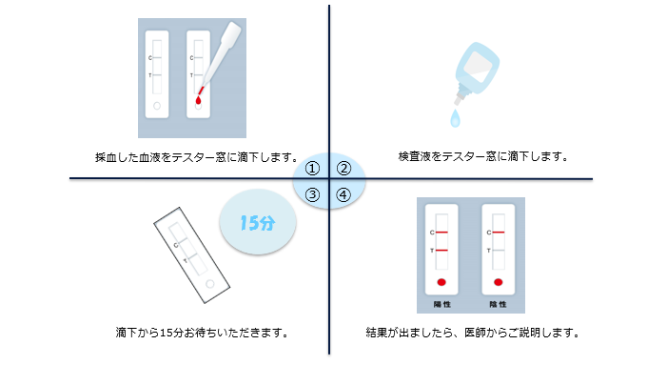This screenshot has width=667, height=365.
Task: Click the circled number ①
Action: pyautogui.click(x=312, y=169)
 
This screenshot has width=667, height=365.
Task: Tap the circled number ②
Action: pyautogui.click(x=343, y=169)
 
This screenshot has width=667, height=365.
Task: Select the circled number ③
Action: pyautogui.click(x=312, y=195)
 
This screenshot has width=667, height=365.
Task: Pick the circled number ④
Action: pyautogui.click(x=343, y=195)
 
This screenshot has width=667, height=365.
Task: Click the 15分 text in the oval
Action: pyautogui.click(x=257, y=223)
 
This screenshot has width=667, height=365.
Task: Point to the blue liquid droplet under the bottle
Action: pyautogui.click(x=455, y=118)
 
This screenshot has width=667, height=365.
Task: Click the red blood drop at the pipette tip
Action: pyautogui.click(x=198, y=100)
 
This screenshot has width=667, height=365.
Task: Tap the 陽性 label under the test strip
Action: pyautogui.click(x=442, y=304)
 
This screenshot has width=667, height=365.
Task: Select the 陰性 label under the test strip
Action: pyautogui.click(x=499, y=304)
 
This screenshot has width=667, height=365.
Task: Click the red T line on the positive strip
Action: pyautogui.click(x=442, y=250)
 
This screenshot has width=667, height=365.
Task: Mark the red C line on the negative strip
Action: pyautogui.click(x=499, y=233)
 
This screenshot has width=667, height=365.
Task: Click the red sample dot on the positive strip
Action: pyautogui.click(x=441, y=282)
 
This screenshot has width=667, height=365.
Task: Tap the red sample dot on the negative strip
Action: pyautogui.click(x=499, y=282)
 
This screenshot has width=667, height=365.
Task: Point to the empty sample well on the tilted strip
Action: pyautogui.click(x=210, y=284)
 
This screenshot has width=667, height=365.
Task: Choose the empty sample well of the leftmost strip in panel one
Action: pyautogui.click(x=157, y=106)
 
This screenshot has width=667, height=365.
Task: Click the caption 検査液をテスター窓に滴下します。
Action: pyautogui.click(x=483, y=156)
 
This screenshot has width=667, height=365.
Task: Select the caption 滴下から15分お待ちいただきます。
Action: pyautogui.click(x=203, y=333)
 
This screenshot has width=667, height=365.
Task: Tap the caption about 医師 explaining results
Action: pyautogui.click(x=473, y=333)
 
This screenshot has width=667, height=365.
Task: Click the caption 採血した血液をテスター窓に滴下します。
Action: pyautogui.click(x=197, y=157)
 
